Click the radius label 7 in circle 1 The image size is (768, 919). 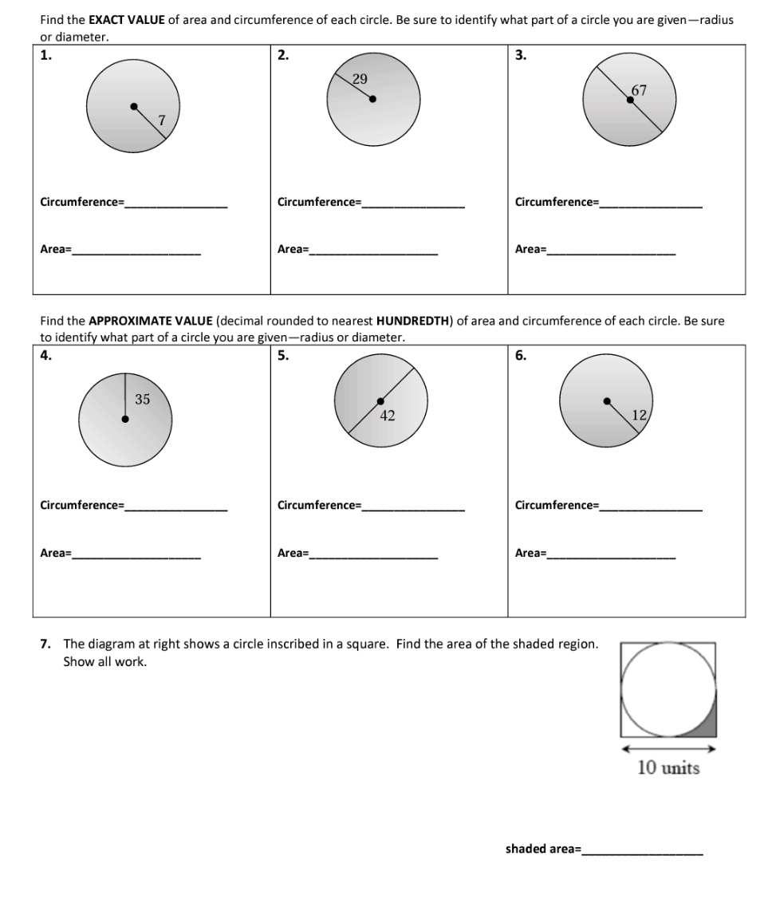(162, 120)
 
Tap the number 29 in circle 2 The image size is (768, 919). (360, 78)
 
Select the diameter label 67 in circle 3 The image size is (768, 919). (639, 90)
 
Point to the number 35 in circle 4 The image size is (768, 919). (142, 400)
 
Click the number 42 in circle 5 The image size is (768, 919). (388, 415)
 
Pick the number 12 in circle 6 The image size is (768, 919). (639, 414)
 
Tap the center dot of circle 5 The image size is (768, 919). (380, 401)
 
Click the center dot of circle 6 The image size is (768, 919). (607, 401)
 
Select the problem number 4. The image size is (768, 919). (45, 356)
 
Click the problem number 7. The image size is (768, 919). (45, 644)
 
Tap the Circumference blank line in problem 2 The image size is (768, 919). (413, 206)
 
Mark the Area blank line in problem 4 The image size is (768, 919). (136, 556)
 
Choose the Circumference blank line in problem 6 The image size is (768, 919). (651, 509)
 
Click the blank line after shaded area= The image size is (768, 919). (643, 854)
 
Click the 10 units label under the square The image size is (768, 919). (668, 768)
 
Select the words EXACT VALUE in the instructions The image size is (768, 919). (128, 19)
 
